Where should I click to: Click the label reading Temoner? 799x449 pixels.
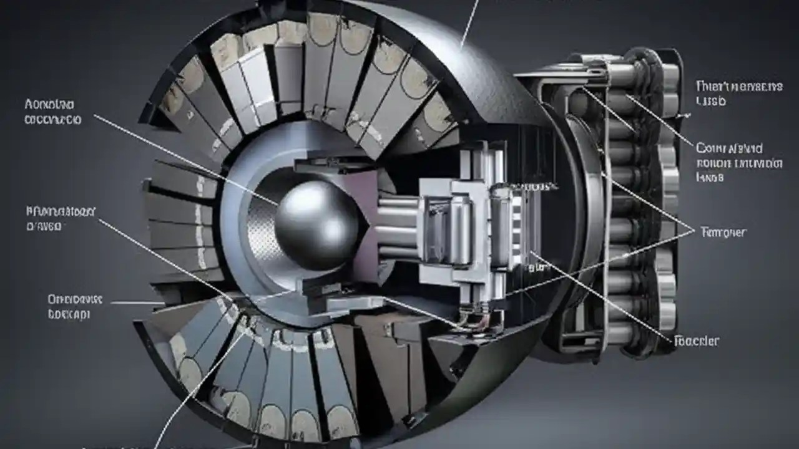[x=723, y=232]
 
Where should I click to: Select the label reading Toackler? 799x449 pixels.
[x=697, y=340]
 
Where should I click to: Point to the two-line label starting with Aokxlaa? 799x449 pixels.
[x=52, y=110]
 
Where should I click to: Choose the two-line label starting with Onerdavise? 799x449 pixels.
[x=75, y=307]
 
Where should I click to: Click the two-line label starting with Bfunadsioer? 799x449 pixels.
[x=60, y=218]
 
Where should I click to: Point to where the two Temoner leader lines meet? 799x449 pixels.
[x=694, y=231]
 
